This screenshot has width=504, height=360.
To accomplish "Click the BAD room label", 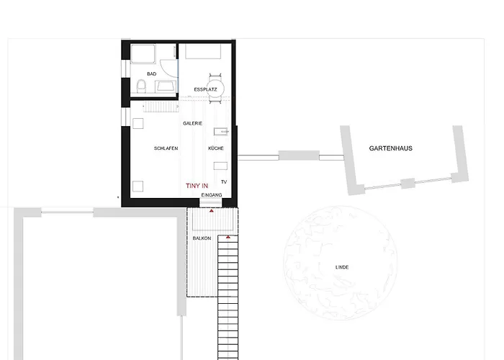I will tap(151, 73).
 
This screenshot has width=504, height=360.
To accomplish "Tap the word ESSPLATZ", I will tap(205, 89).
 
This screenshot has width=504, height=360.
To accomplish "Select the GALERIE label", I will tap(192, 123).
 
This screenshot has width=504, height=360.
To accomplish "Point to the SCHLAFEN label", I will tap(166, 148).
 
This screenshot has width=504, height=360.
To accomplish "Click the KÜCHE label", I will tap(215, 148).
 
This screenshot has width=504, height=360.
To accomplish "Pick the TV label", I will tap(224, 182).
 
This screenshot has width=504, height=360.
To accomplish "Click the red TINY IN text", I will tap(198, 186).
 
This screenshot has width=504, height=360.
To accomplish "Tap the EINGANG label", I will tap(212, 195).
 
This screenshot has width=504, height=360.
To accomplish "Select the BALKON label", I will tap(202, 238).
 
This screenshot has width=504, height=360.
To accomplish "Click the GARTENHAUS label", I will tap(390, 148).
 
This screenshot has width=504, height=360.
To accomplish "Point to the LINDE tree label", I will tap(342, 267).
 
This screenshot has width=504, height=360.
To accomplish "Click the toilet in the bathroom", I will tap(141, 86).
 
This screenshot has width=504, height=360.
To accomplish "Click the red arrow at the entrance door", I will tap(211, 212).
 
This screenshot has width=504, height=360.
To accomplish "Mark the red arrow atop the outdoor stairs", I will tap(228, 237).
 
